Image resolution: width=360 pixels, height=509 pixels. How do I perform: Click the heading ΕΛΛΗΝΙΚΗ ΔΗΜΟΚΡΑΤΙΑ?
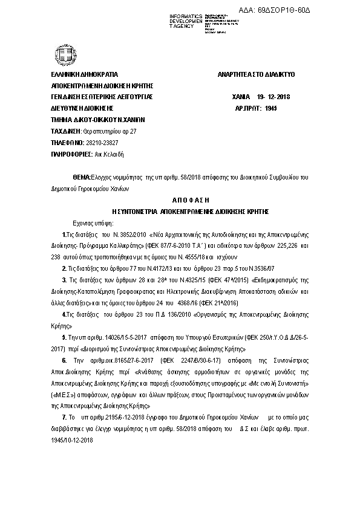tap(85, 73)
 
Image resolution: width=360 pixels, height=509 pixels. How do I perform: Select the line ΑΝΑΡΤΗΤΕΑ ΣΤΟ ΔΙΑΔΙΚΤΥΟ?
tap(256, 73)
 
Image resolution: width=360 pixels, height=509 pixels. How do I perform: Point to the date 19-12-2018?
tap(273, 96)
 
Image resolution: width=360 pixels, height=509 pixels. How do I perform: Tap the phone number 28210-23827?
tap(100, 143)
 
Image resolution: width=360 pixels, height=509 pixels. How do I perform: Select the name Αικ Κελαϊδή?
tap(108, 154)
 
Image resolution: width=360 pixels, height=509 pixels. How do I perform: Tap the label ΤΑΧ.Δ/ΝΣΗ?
tap(65, 131)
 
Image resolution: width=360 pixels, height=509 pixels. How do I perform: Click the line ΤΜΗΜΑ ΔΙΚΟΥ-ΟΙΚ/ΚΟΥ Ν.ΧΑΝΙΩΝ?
tap(96, 120)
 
